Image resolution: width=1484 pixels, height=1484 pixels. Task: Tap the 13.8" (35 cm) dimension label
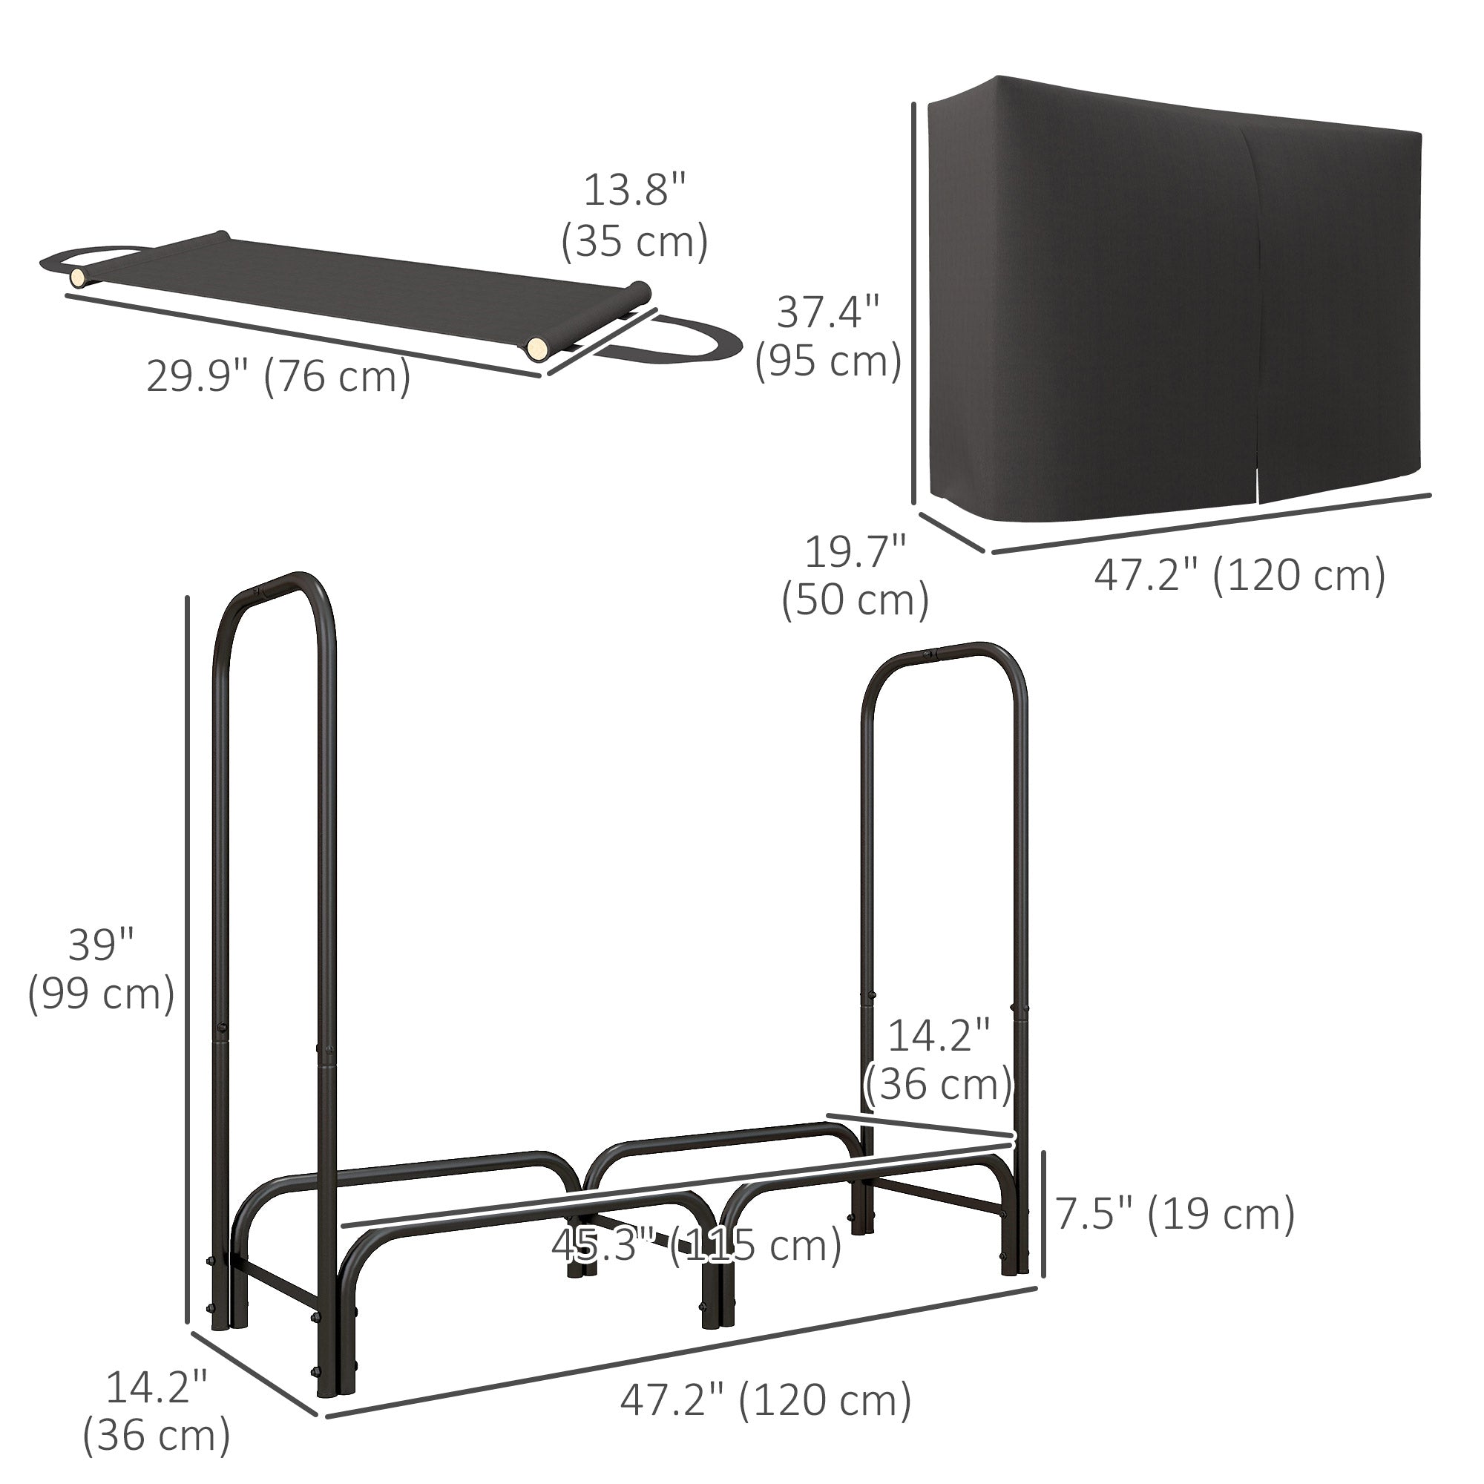click(x=634, y=217)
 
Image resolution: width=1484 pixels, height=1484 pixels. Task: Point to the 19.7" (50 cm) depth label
click(x=855, y=577)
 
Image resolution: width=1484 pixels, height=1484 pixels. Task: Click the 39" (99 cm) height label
click(x=101, y=970)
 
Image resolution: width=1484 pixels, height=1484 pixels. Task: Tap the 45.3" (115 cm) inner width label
click(x=696, y=1245)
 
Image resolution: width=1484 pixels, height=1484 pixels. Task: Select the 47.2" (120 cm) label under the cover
click(x=1240, y=574)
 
